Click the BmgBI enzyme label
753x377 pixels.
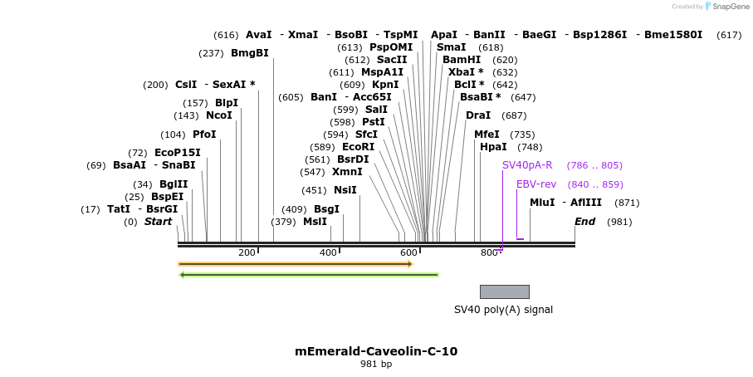249,53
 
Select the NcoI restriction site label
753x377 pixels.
219,115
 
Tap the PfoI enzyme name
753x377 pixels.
204,135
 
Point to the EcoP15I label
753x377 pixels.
178,153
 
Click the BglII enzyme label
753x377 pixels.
174,184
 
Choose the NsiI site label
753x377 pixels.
345,190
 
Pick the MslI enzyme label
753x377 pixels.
315,222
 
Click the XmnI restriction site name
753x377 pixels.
347,172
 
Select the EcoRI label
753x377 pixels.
358,147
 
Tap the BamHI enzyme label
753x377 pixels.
462,60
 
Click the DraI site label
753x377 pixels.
478,115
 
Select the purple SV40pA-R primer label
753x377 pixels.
527,165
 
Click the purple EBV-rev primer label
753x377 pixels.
536,184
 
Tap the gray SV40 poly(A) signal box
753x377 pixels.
504,291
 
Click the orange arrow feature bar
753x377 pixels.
295,264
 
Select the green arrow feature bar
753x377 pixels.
309,274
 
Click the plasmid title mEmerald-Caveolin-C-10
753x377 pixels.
376,351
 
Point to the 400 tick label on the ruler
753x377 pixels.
328,252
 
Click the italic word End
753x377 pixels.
584,222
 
